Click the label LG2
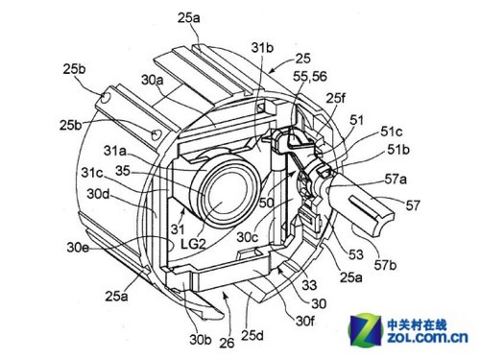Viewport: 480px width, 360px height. pyautogui.click(x=193, y=244)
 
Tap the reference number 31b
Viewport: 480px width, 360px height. pyautogui.click(x=262, y=48)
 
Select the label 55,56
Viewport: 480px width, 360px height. pyautogui.click(x=310, y=77)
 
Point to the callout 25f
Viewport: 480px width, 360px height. pyautogui.click(x=336, y=99)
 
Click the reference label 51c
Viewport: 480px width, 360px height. pyautogui.click(x=392, y=132)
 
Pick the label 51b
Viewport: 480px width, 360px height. pyautogui.click(x=398, y=150)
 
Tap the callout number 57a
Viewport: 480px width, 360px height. pyautogui.click(x=396, y=180)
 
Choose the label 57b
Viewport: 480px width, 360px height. pyautogui.click(x=386, y=265)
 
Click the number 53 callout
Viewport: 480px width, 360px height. pyautogui.click(x=356, y=254)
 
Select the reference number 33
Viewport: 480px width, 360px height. pyautogui.click(x=309, y=285)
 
